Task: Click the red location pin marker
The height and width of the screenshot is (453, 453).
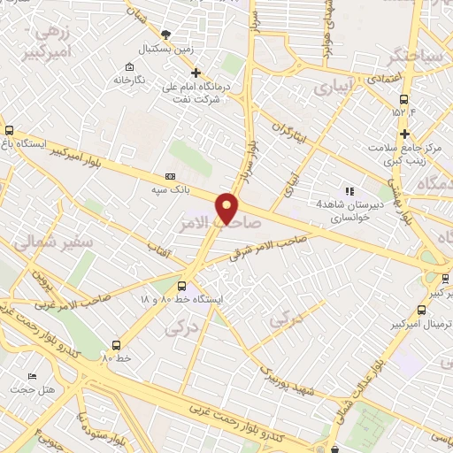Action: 228,207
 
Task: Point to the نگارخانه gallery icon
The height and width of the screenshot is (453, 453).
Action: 130,67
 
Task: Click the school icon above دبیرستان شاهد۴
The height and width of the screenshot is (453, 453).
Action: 349,190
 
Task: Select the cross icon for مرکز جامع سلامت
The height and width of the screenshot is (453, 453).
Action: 405,134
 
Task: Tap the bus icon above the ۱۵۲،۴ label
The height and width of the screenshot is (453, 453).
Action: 403,99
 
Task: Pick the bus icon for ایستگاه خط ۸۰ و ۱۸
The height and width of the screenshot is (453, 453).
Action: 182,286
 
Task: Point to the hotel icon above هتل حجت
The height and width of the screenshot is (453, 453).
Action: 33,376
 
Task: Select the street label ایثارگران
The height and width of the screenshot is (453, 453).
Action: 293,134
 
